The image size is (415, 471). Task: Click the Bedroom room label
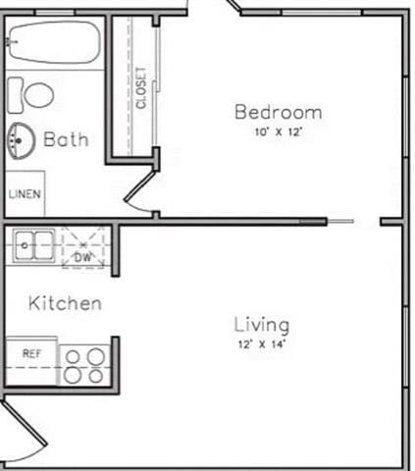[277, 112]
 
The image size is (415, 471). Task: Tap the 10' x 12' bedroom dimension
[277, 131]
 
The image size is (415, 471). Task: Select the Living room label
[261, 324]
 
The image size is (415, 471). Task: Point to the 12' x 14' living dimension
[261, 344]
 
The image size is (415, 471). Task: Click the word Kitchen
[65, 303]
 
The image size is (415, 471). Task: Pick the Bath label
[66, 139]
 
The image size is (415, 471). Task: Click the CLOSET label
[142, 87]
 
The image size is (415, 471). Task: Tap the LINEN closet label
[25, 194]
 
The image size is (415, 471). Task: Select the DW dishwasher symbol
[83, 257]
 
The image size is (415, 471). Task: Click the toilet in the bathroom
[33, 94]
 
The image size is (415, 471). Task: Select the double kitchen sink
[35, 245]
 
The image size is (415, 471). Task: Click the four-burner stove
[83, 366]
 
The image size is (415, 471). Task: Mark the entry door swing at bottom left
[22, 433]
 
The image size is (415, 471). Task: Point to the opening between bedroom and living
[366, 222]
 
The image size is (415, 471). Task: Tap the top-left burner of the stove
[73, 357]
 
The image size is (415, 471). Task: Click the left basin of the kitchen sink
[25, 245]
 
